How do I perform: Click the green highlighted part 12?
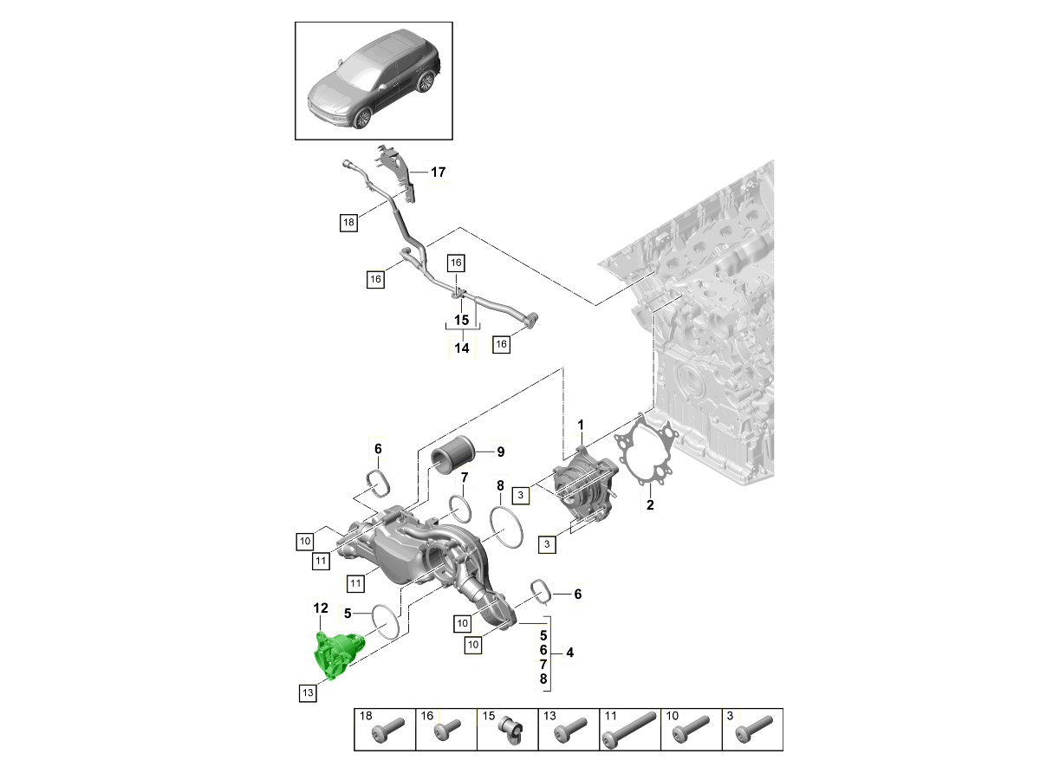(336, 655)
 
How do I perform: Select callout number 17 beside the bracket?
(439, 172)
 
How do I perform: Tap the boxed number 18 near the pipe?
(348, 224)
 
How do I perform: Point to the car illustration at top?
(374, 81)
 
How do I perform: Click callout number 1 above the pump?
(582, 425)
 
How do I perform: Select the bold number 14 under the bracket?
(461, 348)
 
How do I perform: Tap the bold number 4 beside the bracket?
(569, 651)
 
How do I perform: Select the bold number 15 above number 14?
(461, 320)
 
